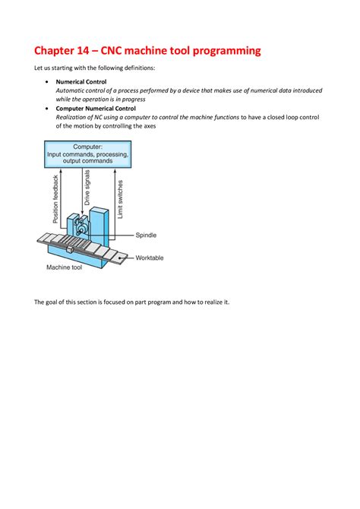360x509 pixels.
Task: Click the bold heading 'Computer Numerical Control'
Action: coord(96,109)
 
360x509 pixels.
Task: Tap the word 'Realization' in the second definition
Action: coord(74,118)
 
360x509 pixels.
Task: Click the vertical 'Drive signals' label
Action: coord(88,188)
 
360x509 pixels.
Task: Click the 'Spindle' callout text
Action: coord(147,236)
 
